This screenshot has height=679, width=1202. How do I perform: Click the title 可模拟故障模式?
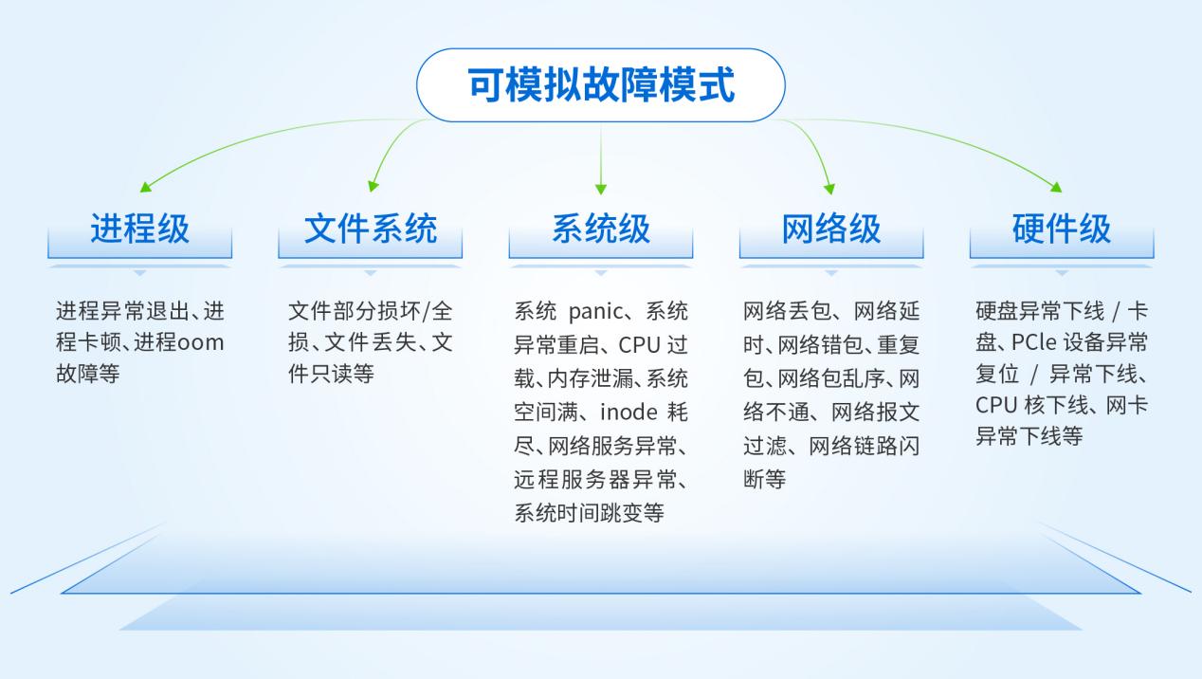[x=601, y=84]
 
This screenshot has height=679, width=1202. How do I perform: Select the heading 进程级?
[x=140, y=229]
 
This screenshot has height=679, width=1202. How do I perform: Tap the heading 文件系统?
[x=371, y=229]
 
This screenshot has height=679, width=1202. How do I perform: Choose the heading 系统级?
[x=601, y=229]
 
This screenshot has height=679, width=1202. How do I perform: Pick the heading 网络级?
[x=831, y=229]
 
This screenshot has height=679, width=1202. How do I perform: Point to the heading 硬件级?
[x=1062, y=229]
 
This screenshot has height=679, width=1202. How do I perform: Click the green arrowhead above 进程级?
[x=145, y=187]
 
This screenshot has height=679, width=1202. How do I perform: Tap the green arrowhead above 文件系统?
[x=373, y=186]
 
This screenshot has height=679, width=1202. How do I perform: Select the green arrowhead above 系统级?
[x=601, y=189]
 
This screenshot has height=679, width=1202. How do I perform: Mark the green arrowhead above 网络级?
[x=829, y=189]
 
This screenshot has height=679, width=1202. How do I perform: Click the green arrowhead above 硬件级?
[x=1056, y=187]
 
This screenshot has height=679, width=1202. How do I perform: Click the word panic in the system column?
[x=595, y=312]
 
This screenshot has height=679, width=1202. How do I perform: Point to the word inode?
[x=628, y=412]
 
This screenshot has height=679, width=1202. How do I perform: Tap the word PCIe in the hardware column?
[x=1033, y=342]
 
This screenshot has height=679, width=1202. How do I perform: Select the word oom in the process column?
[x=200, y=342]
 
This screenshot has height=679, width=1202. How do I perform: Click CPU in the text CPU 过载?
[x=639, y=345]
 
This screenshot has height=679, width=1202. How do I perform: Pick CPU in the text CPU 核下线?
[x=996, y=405]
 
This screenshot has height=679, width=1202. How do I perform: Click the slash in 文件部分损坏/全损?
[x=427, y=312]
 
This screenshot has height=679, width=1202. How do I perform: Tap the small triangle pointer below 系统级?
[x=601, y=273]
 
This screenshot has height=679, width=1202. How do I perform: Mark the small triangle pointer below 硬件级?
[x=1062, y=273]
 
